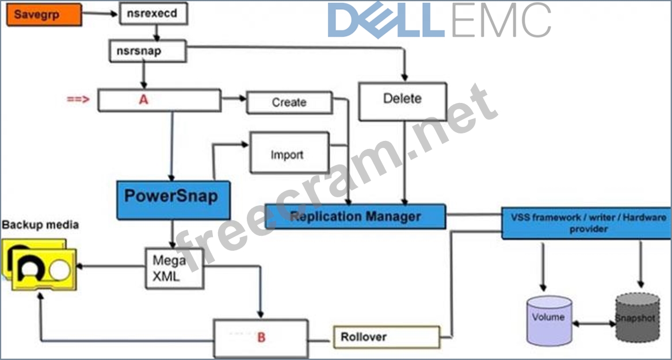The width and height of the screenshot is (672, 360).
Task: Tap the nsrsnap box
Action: (147, 51)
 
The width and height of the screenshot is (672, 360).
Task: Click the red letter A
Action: (143, 99)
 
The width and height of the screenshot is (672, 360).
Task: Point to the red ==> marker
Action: (78, 99)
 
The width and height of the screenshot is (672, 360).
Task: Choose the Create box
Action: (289, 102)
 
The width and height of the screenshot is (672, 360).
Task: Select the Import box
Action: (289, 153)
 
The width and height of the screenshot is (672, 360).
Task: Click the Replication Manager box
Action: (355, 216)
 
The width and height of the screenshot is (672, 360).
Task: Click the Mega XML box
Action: (174, 268)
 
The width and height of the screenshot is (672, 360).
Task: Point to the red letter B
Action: (261, 337)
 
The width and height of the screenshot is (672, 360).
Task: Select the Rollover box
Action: (386, 336)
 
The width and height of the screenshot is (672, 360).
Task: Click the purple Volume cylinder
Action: (549, 320)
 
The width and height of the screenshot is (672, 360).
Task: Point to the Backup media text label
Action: (40, 224)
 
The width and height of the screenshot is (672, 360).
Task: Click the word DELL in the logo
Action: (386, 21)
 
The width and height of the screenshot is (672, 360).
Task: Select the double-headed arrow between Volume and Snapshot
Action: (594, 323)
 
